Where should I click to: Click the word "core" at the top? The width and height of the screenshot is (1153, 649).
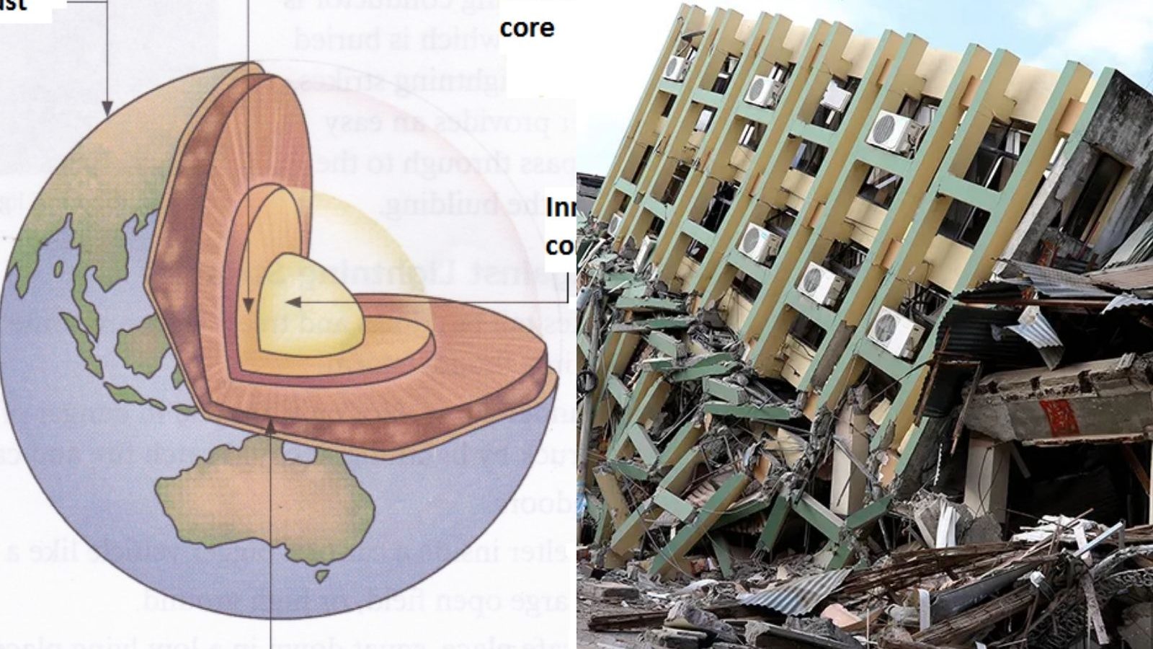[527, 28]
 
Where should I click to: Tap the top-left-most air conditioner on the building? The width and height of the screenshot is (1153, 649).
[677, 68]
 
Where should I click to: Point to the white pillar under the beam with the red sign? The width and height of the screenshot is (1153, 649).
[987, 476]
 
